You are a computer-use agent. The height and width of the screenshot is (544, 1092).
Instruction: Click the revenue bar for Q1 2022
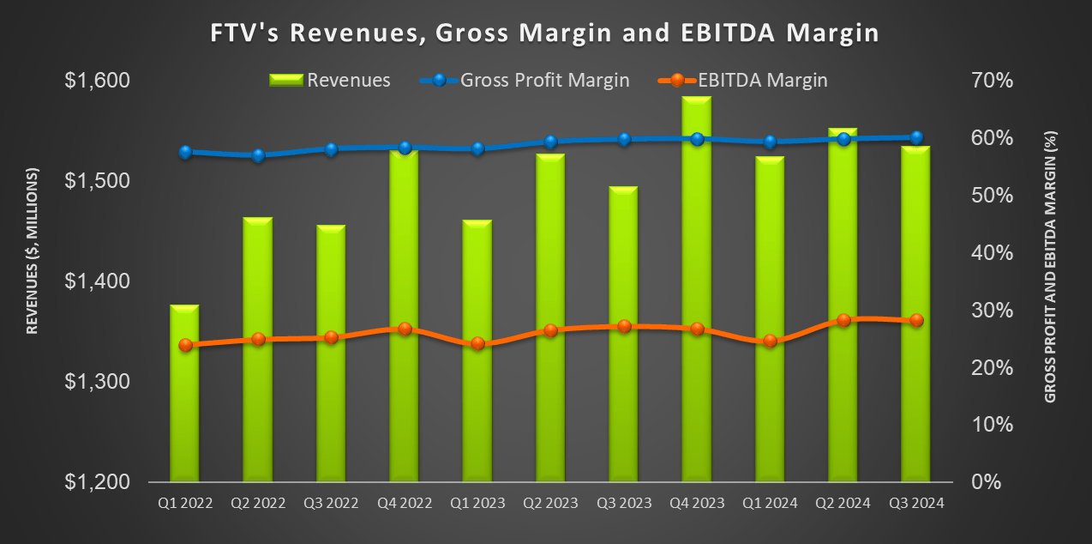point(184,395)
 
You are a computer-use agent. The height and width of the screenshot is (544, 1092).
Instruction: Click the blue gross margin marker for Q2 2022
point(259,156)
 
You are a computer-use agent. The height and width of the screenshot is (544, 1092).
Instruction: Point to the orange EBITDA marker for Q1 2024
point(770,341)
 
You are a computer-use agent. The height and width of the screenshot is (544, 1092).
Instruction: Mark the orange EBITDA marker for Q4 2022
point(405,329)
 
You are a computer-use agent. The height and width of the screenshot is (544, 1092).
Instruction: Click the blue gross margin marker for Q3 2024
point(916,137)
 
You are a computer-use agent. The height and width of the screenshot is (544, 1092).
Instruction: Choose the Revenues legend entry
point(330,81)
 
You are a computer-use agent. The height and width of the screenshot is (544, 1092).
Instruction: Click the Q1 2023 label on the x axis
point(477,505)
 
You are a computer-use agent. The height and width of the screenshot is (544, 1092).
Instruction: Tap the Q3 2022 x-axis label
point(331,505)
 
